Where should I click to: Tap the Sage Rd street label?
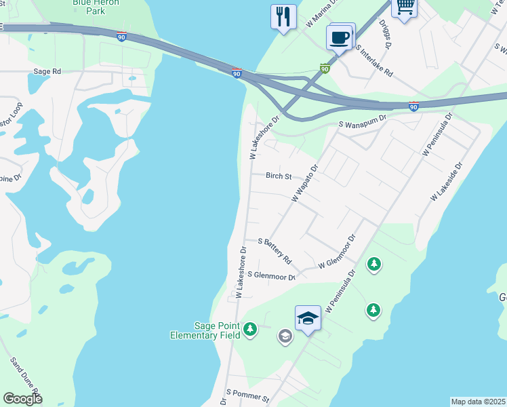[x=47, y=71]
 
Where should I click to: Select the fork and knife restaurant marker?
[x=283, y=16]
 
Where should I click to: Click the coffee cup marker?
[x=340, y=37]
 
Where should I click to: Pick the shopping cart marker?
[x=405, y=7]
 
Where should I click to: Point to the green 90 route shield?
[x=325, y=69]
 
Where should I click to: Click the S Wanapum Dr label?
[x=362, y=121]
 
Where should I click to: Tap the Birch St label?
[x=279, y=176]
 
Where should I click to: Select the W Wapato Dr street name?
[x=305, y=183]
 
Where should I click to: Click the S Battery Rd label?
[x=275, y=250]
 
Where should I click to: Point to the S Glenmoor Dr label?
[x=272, y=275]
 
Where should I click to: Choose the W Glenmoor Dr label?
[x=337, y=252]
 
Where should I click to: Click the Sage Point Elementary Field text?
[x=204, y=330]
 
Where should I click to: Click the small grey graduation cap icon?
[x=285, y=336]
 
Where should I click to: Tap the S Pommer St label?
[x=248, y=395]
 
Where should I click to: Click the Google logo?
[x=22, y=399]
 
